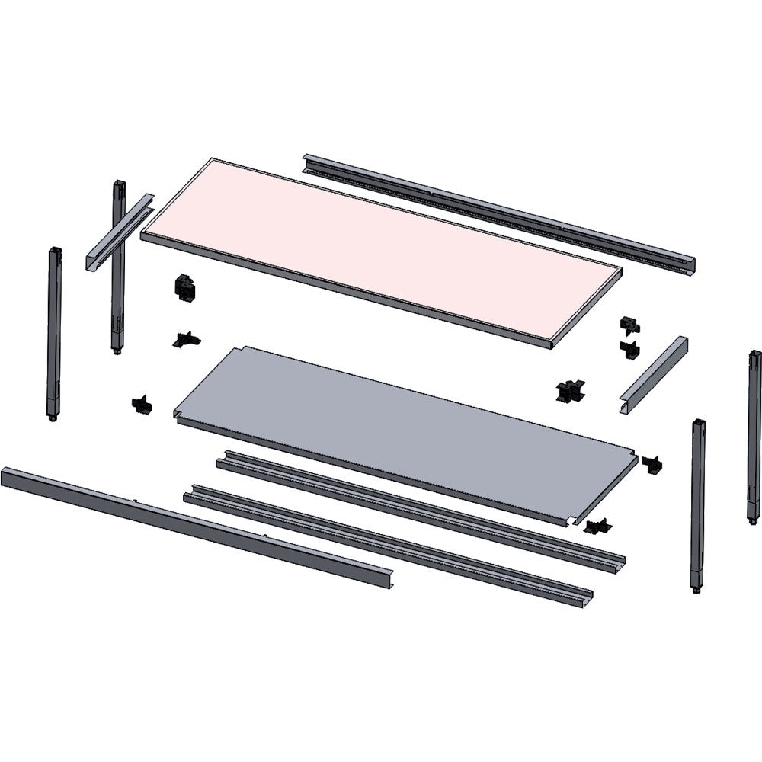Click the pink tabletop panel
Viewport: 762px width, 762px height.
(381, 251)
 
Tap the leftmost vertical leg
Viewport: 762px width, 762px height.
(54, 328)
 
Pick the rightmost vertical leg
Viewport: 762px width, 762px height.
(754, 434)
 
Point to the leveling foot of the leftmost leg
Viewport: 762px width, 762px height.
(52, 417)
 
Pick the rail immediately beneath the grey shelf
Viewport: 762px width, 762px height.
(419, 511)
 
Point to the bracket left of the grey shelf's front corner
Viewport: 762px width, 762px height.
(142, 405)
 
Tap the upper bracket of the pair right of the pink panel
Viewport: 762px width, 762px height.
(629, 325)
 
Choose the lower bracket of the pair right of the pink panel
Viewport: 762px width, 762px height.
(629, 350)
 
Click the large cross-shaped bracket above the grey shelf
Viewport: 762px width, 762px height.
(569, 391)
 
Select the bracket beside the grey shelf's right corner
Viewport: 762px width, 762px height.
(652, 463)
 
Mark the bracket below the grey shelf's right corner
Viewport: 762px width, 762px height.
(597, 527)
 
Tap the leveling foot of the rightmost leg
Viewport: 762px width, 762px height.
(752, 520)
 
